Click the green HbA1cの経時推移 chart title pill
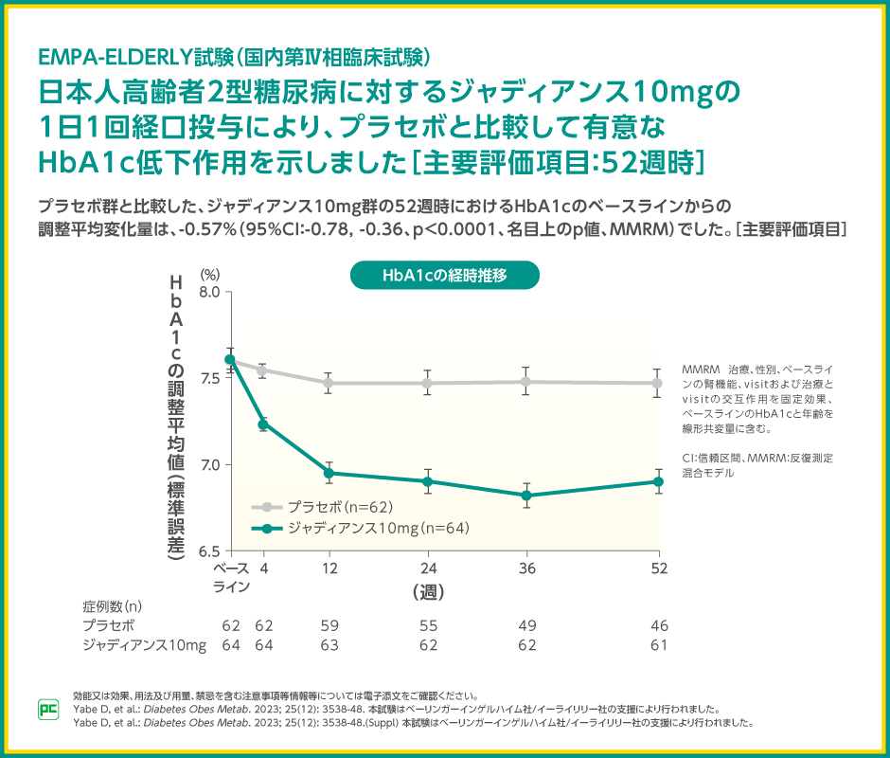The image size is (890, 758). [x=445, y=276]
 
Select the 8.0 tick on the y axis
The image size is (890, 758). [x=210, y=292]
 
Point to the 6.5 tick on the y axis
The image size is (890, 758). [x=210, y=550]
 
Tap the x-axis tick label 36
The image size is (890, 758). [x=527, y=568]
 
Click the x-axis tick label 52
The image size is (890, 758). [x=659, y=568]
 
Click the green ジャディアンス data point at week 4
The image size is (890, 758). [x=263, y=424]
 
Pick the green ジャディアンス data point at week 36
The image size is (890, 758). [x=527, y=496]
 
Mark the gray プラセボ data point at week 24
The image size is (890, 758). [x=428, y=383]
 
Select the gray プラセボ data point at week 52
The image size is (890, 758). [x=658, y=383]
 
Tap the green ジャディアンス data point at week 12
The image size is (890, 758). [x=329, y=473]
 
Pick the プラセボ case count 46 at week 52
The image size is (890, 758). [x=659, y=625]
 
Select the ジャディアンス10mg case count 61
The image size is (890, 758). [x=659, y=645]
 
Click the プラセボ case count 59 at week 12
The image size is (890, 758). [x=329, y=625]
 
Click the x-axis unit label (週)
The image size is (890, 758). [x=428, y=591]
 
